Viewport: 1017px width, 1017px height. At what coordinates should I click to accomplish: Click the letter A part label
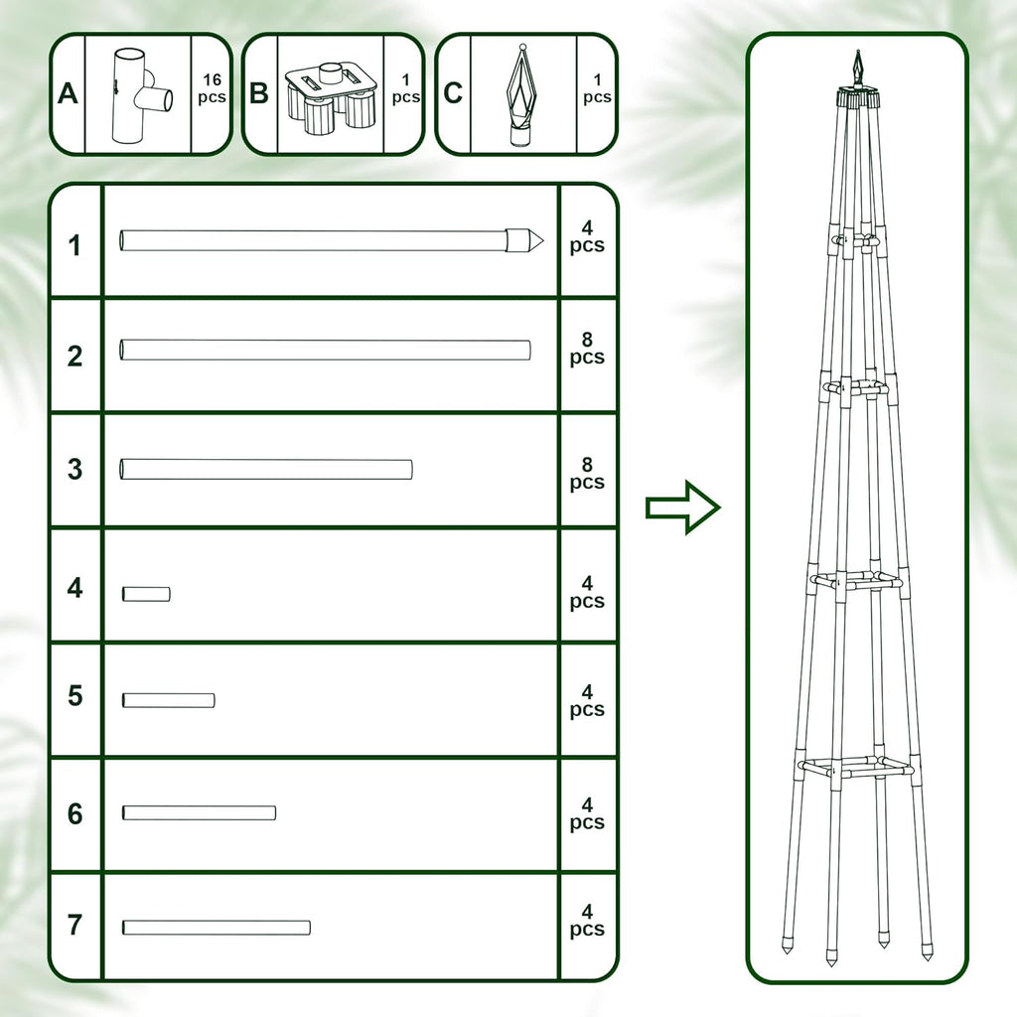click(68, 94)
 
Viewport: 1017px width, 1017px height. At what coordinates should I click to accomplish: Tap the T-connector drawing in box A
click(137, 96)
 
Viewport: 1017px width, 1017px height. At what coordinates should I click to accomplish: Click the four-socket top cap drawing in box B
click(330, 97)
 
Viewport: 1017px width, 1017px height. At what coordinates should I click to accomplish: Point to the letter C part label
click(453, 94)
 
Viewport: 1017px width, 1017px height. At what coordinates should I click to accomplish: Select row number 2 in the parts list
click(75, 357)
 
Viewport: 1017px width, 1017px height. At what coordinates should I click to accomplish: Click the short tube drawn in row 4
click(146, 594)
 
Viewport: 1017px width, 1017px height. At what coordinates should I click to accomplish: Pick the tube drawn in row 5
click(168, 700)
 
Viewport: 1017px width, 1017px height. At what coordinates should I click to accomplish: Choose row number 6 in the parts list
click(75, 813)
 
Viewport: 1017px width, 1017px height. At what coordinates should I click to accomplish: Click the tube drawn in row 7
click(216, 928)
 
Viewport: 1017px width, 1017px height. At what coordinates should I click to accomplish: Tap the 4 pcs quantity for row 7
click(587, 920)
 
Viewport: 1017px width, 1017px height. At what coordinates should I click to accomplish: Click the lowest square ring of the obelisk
click(854, 767)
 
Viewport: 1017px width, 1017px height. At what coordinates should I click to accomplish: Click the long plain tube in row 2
click(325, 350)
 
